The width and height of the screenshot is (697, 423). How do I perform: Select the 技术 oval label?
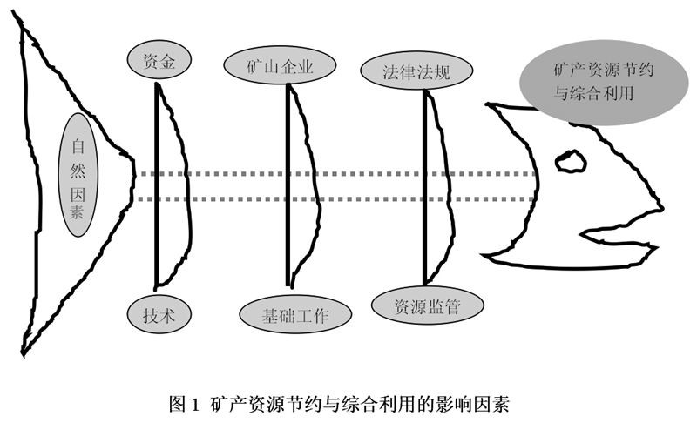(158, 313)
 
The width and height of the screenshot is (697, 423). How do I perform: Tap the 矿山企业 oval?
(280, 65)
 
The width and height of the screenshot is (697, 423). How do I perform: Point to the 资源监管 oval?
(416, 305)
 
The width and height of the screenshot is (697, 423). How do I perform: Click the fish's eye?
(572, 160)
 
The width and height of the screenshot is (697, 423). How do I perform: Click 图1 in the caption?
(184, 404)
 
